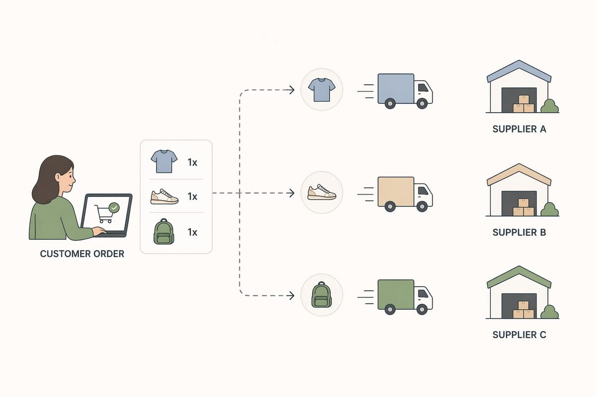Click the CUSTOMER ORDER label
click(82, 254)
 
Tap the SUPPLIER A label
click(519, 129)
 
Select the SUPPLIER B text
click(519, 232)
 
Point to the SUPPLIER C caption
click(519, 334)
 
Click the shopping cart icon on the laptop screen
click(103, 214)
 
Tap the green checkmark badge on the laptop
click(114, 207)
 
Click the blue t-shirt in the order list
click(164, 162)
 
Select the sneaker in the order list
click(164, 197)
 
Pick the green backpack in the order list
click(163, 232)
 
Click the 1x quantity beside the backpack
click(192, 232)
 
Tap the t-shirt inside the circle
click(321, 89)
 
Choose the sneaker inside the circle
click(321, 192)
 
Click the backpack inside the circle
click(321, 295)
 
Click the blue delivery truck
click(403, 90)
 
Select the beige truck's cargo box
click(395, 192)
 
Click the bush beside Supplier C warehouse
click(549, 312)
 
